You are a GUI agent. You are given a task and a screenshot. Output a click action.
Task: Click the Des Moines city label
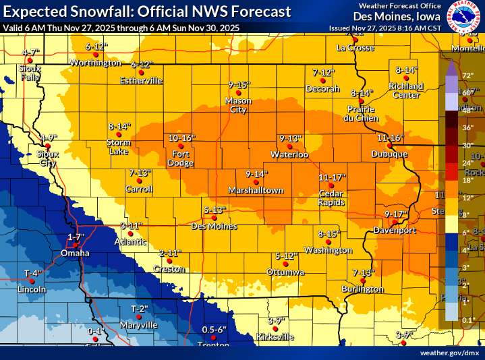(214, 226)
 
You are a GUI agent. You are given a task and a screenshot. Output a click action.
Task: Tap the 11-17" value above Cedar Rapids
(331, 177)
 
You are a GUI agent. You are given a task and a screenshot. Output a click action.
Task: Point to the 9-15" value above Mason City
(239, 85)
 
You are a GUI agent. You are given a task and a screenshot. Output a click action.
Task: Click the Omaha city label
(75, 253)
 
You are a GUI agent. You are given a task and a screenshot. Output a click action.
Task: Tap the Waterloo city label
(289, 155)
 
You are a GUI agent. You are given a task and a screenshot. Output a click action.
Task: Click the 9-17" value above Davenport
(397, 214)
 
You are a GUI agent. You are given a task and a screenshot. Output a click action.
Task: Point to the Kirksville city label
(276, 336)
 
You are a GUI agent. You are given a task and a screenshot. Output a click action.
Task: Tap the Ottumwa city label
(285, 272)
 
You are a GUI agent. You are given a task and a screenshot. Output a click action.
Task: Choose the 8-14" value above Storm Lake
(119, 126)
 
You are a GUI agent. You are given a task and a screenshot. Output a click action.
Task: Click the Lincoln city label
(32, 289)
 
